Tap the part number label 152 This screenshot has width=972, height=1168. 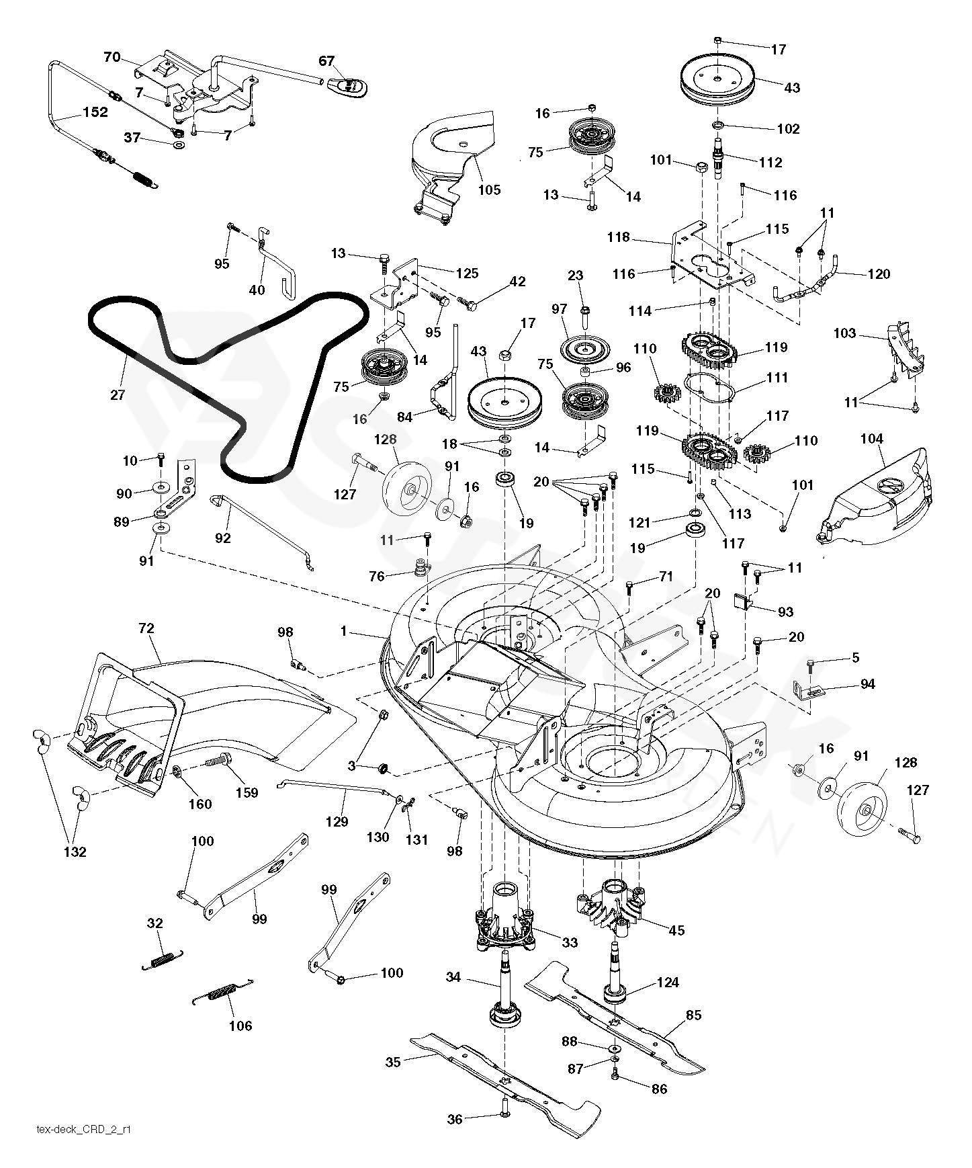click(x=95, y=112)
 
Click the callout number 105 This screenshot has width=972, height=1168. click(x=489, y=190)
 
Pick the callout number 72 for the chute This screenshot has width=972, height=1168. click(x=146, y=629)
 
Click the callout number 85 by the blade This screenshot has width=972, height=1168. click(x=693, y=1015)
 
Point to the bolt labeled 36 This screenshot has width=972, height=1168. click(x=504, y=1116)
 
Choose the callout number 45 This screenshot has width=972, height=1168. click(x=676, y=930)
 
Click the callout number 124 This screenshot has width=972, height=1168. click(x=668, y=983)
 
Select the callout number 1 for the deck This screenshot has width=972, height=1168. click(x=344, y=631)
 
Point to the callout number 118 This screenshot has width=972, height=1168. click(x=618, y=237)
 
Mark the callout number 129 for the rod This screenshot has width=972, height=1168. click(x=337, y=821)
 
